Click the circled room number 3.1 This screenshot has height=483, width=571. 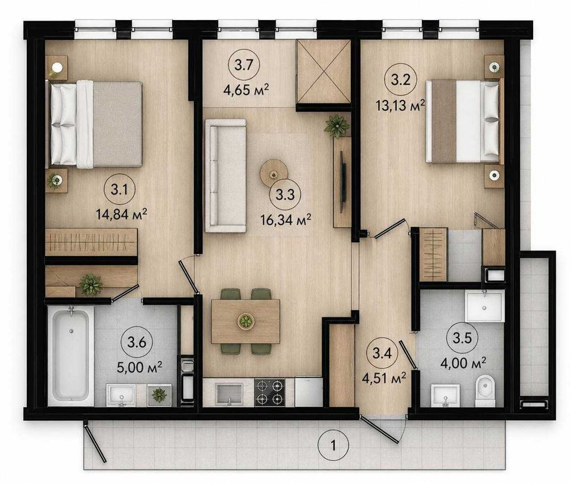[119, 190]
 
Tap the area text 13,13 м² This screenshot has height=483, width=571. [400, 106]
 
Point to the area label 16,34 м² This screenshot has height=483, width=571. [286, 219]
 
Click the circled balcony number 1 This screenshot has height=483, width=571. [333, 445]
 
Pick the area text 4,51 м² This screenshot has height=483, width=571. [384, 378]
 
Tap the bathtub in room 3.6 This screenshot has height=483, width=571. [71, 355]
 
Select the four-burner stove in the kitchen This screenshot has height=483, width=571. [270, 393]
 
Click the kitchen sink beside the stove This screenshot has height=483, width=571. [229, 393]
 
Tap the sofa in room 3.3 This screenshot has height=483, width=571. [226, 175]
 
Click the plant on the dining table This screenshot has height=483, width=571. [246, 322]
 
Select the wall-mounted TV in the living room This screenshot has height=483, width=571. [342, 181]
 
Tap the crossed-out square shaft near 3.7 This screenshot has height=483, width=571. [324, 71]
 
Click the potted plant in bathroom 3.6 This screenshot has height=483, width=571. [159, 395]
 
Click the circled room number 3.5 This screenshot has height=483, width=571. [462, 338]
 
